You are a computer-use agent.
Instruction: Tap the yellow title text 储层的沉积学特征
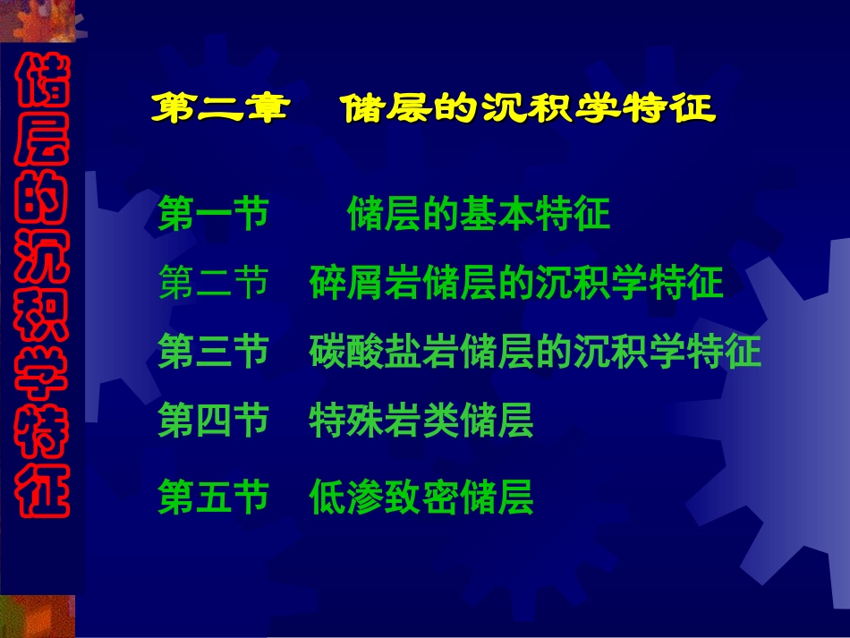[529, 107]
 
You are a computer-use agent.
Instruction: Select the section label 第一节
[214, 214]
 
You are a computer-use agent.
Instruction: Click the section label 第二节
[214, 283]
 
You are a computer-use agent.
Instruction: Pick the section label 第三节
[214, 351]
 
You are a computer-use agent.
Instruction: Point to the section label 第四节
[214, 420]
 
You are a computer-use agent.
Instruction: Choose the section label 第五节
[214, 496]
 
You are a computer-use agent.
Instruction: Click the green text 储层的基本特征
[479, 214]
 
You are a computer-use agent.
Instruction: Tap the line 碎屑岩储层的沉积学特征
[516, 283]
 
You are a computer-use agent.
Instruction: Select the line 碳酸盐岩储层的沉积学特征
[535, 351]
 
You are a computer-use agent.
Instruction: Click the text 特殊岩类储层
[421, 420]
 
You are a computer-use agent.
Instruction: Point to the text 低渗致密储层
[421, 496]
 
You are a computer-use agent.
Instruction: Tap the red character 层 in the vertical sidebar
[43, 139]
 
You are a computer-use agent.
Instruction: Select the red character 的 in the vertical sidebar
[43, 198]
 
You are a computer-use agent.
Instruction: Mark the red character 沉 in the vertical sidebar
[43, 256]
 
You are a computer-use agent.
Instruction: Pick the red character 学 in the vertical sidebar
[43, 373]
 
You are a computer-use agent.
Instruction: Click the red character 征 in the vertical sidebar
[43, 490]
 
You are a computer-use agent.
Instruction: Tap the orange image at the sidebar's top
[38, 21]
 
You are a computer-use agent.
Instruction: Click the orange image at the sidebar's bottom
[38, 617]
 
